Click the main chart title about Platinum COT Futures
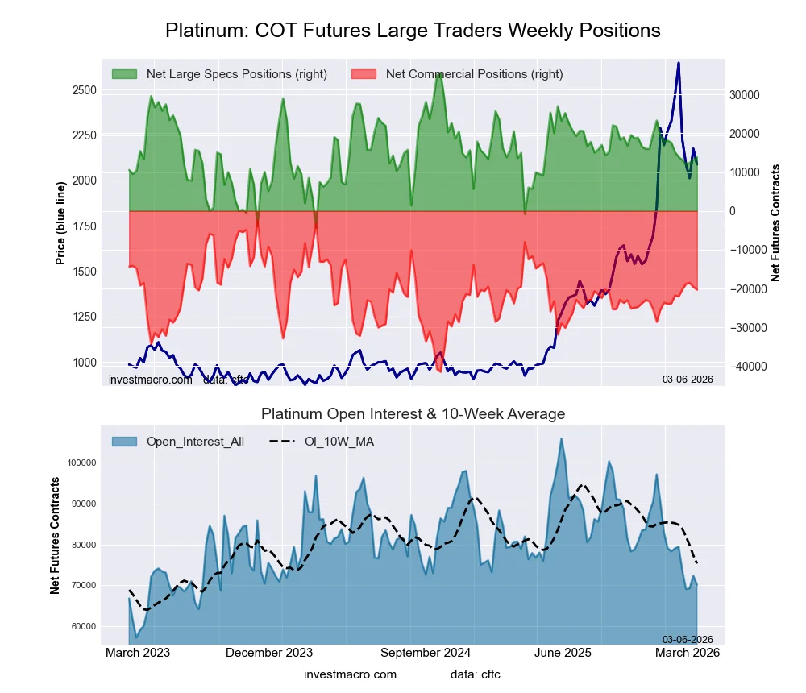pyautogui.click(x=413, y=31)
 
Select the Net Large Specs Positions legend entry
pyautogui.click(x=236, y=74)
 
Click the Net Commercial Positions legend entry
pyautogui.click(x=474, y=74)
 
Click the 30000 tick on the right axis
pyautogui.click(x=745, y=94)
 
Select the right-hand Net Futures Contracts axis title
pyautogui.click(x=776, y=222)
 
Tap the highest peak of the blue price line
pyautogui.click(x=679, y=63)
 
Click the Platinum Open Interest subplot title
pyautogui.click(x=413, y=414)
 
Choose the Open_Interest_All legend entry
pyautogui.click(x=195, y=442)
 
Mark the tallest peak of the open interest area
pyautogui.click(x=561, y=438)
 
